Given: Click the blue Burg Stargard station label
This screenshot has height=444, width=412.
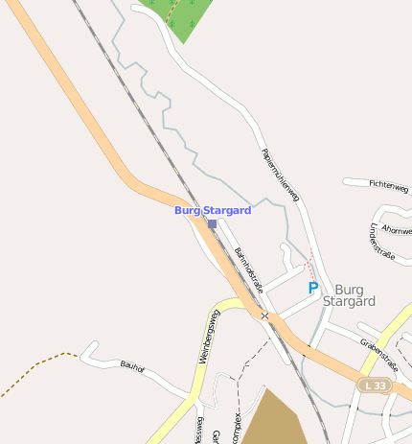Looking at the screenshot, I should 213,210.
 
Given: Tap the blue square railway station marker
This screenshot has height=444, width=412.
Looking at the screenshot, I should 212,223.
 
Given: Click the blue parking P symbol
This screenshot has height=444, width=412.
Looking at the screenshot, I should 312,287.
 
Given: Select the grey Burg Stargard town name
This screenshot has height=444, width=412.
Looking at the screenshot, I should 350,294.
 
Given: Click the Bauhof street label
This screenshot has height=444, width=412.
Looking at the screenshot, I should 131,364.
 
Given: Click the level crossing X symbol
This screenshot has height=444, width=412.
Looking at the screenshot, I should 264,315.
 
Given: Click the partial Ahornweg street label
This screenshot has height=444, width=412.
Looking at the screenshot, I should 397,229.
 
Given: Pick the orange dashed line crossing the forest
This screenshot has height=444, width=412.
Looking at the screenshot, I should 172,12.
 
